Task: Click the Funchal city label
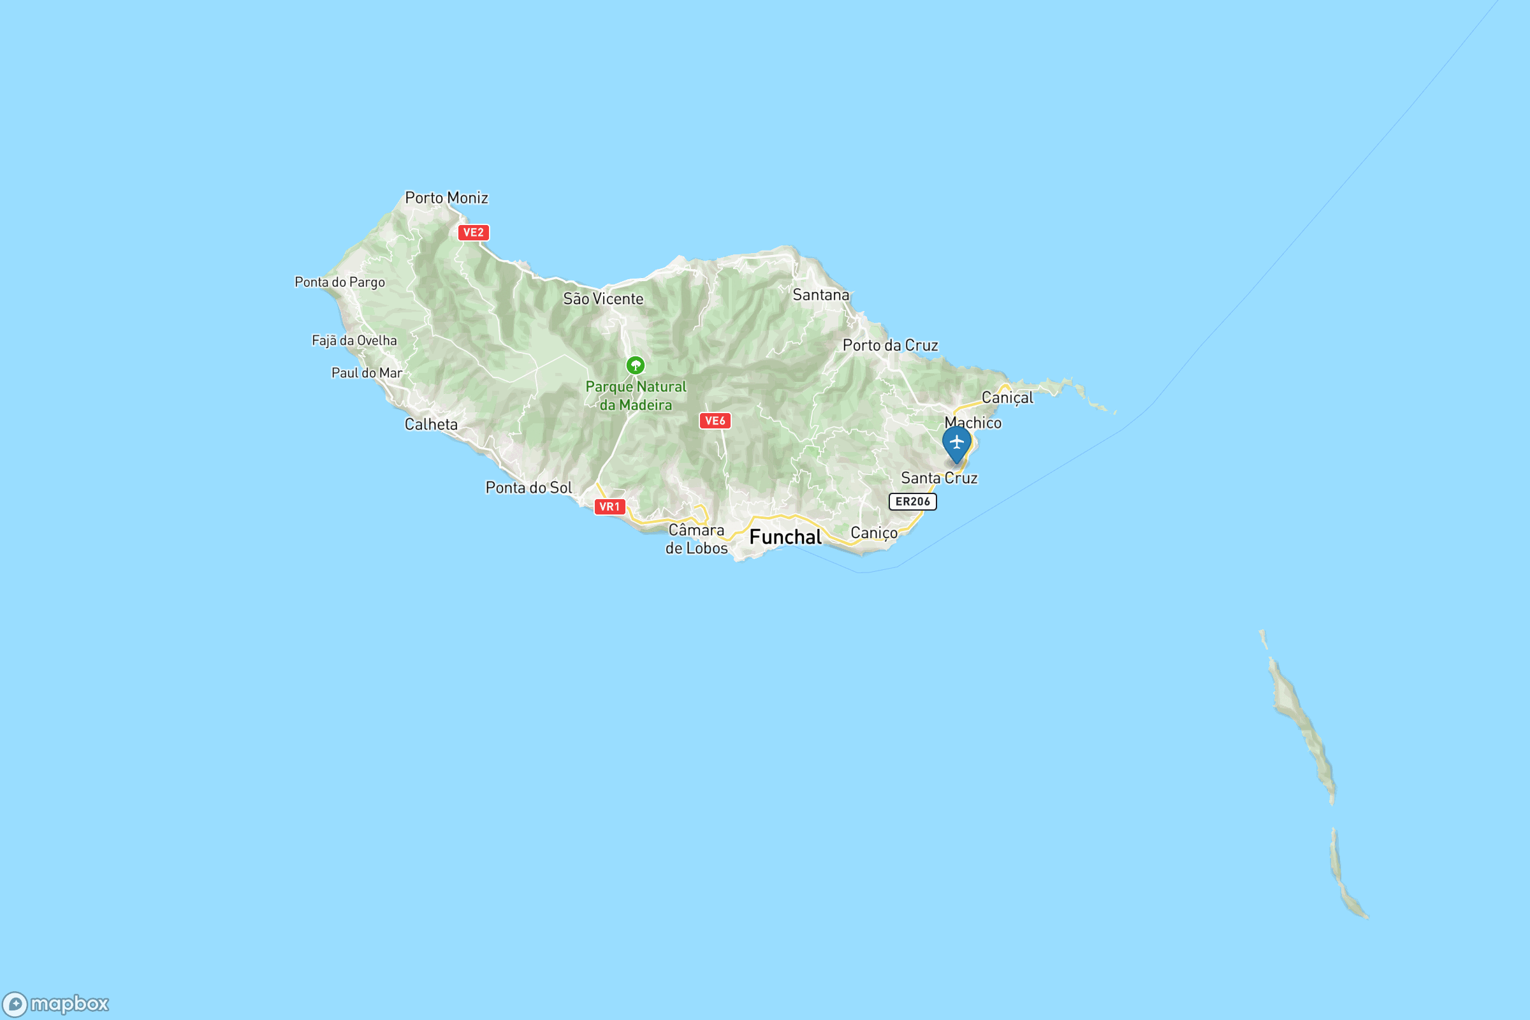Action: coord(785,537)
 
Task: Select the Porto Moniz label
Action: coord(446,198)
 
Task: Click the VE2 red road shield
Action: coord(473,232)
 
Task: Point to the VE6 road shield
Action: coord(715,421)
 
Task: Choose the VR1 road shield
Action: coord(609,507)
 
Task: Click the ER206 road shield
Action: coord(913,502)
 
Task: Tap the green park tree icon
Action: coord(636,365)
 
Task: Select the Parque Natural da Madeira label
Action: coord(636,395)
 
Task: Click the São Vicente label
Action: coord(603,298)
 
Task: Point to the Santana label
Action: coord(821,295)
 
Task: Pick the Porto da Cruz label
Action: coord(890,346)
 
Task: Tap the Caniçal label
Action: coord(1007,397)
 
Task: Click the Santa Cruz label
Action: coord(938,478)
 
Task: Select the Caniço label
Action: coord(873,534)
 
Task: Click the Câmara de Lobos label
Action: coord(696,539)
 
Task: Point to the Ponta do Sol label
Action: coord(528,488)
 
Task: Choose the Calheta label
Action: coord(431,425)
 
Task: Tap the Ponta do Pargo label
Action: coord(340,282)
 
